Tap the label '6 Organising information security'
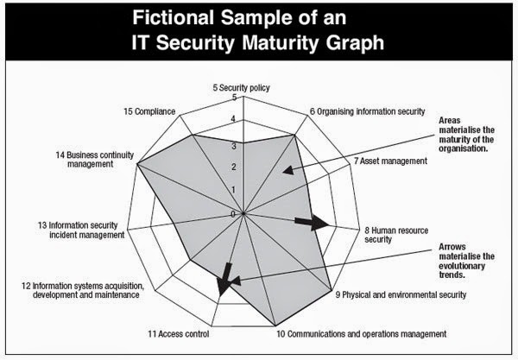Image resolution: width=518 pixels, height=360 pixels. pos(367,111)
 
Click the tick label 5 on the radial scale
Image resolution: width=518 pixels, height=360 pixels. pos(234,98)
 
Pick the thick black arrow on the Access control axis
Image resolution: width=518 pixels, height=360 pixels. pos(226,278)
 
